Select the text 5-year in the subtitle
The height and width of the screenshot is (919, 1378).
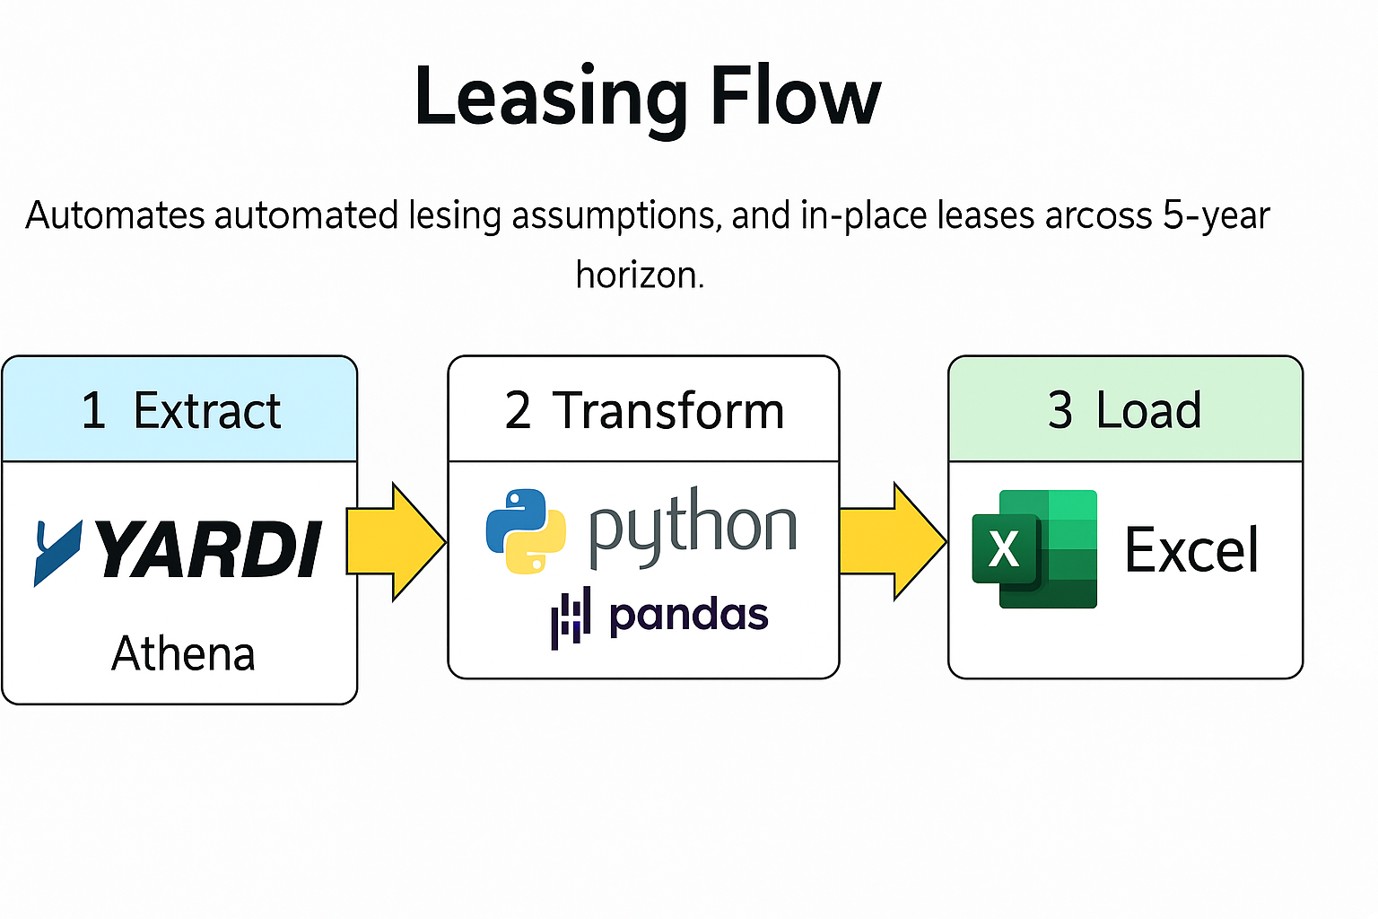(1217, 216)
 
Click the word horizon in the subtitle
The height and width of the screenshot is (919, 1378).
(639, 275)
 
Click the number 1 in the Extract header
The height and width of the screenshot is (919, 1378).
(93, 411)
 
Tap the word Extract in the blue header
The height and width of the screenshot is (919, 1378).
(206, 411)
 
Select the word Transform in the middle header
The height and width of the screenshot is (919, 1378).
(667, 411)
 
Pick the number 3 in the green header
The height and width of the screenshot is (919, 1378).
(1060, 411)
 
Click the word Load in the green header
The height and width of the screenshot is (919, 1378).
(1148, 411)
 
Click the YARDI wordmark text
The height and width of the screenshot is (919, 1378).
(208, 549)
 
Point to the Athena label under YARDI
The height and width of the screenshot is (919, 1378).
(183, 653)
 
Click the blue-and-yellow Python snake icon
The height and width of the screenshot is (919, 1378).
(526, 531)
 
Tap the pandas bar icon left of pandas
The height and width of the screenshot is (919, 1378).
(571, 617)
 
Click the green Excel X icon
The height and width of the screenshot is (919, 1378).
(1033, 549)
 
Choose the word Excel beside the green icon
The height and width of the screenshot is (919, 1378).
(1191, 550)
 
